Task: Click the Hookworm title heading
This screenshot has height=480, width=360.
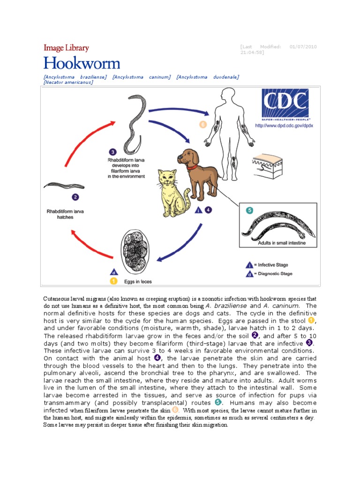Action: click(82, 63)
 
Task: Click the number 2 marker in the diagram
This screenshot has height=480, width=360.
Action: click(75, 197)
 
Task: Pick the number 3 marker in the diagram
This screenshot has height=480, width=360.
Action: click(113, 152)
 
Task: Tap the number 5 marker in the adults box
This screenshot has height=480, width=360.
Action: click(249, 210)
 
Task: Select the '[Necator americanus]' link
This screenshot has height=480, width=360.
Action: click(68, 82)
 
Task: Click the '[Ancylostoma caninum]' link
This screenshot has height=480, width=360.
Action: click(141, 76)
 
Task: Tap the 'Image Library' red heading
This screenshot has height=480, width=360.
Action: click(66, 48)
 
